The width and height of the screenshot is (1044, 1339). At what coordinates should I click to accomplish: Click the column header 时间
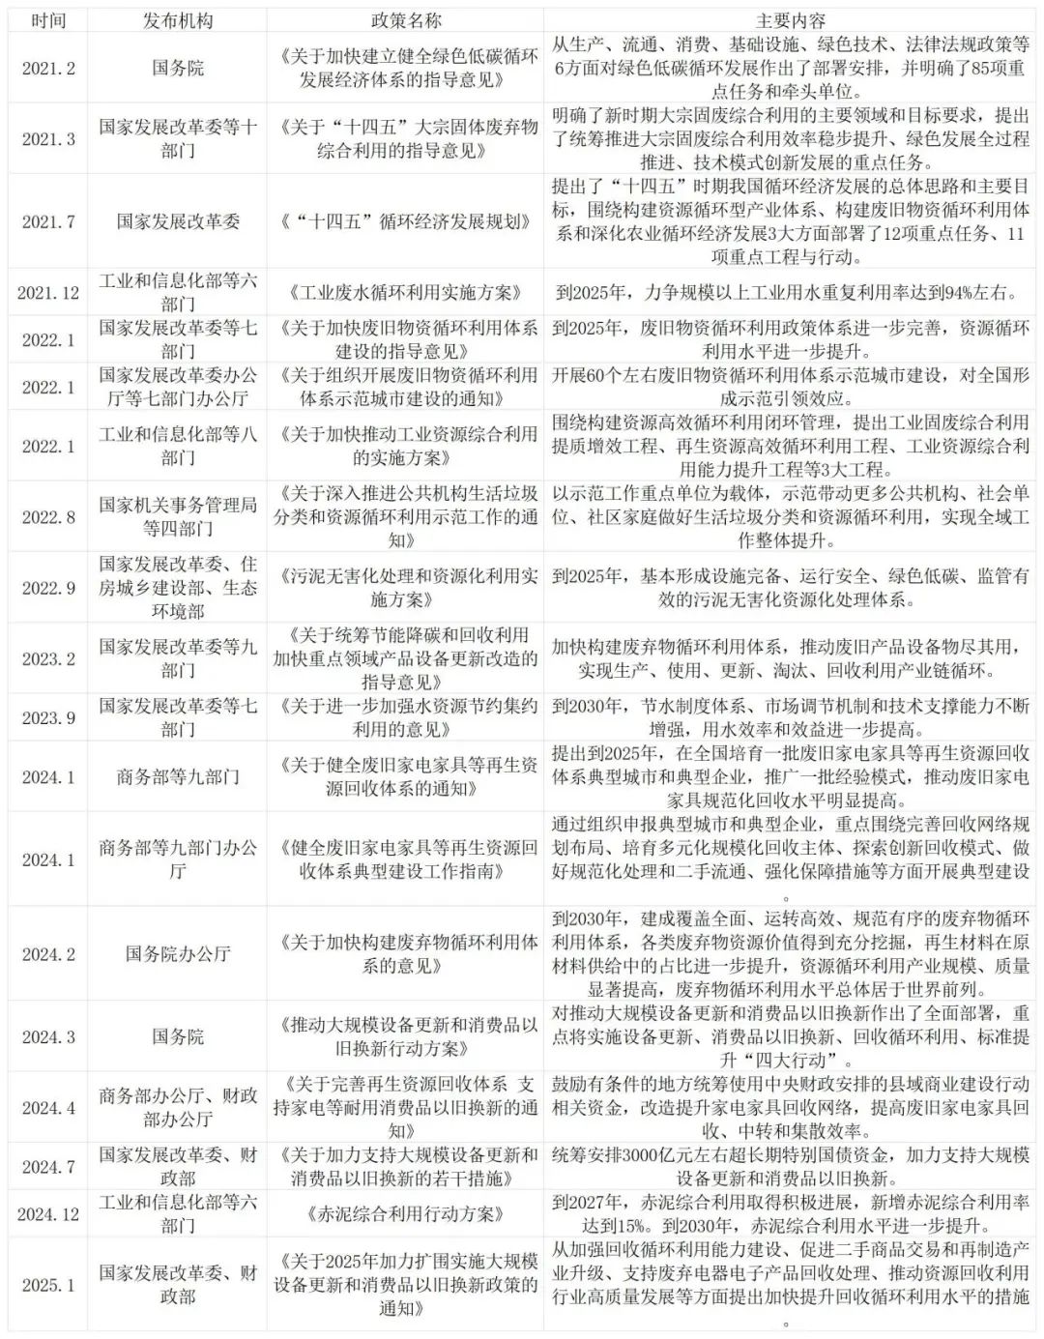point(48,20)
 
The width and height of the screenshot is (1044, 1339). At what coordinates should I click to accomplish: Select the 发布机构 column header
point(178,20)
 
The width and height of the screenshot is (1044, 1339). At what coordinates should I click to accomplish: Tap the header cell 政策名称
point(405,20)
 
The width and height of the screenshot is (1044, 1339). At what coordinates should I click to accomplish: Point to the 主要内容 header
point(790,20)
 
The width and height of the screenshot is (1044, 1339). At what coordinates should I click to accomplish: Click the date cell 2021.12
point(48,292)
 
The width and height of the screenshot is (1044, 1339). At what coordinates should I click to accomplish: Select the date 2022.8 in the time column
point(48,517)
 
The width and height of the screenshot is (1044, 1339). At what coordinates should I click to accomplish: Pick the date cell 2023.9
point(48,718)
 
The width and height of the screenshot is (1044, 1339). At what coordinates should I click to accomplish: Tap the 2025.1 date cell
point(48,1286)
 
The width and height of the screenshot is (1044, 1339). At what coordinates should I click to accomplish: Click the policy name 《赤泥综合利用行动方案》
point(405,1214)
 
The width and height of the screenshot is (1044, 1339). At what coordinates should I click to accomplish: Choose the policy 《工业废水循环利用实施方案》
point(405,292)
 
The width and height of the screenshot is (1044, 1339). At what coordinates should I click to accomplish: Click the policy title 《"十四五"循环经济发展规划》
point(405,221)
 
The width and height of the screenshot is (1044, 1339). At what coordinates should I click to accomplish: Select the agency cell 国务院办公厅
point(178,954)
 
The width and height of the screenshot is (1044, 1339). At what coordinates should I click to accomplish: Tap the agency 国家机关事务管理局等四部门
point(178,517)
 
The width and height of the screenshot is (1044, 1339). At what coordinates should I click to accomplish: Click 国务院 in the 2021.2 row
point(178,68)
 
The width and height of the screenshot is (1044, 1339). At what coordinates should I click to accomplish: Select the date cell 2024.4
point(48,1108)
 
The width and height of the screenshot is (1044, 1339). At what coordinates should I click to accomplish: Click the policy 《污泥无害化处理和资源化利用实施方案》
point(405,588)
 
